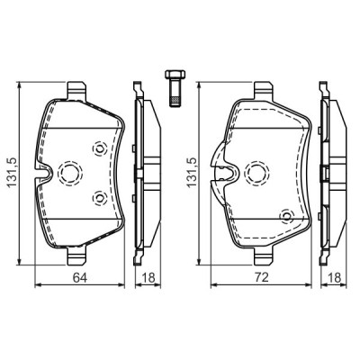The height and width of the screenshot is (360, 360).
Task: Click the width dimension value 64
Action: pyautogui.click(x=79, y=278)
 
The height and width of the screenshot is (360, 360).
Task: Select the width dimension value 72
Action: pyautogui.click(x=259, y=278)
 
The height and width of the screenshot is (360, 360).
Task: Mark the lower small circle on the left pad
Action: pyautogui.click(x=101, y=196)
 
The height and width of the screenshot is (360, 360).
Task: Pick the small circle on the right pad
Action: pyautogui.click(x=286, y=215)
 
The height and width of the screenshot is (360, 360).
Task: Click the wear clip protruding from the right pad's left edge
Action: pyautogui.click(x=218, y=161)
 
